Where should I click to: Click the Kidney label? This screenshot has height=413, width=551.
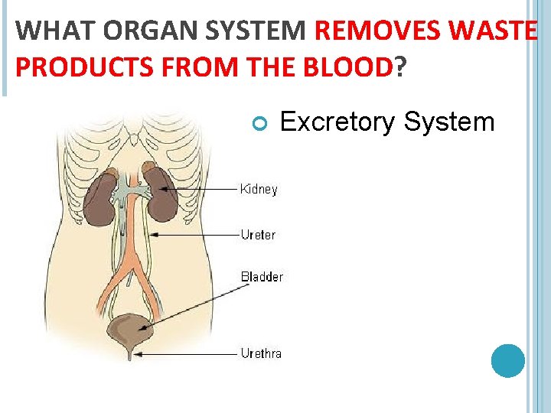[x=259, y=189]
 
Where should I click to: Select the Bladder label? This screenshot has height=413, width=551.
[x=262, y=276]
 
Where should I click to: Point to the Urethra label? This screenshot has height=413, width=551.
[x=261, y=353]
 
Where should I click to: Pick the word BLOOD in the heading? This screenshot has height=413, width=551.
[x=350, y=67]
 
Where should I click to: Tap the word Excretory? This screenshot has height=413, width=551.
[x=337, y=122]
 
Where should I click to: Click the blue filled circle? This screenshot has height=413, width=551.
[x=507, y=360]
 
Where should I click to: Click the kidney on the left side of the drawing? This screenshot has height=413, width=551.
[x=99, y=201]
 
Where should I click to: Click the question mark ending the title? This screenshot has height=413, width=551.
[x=399, y=67]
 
